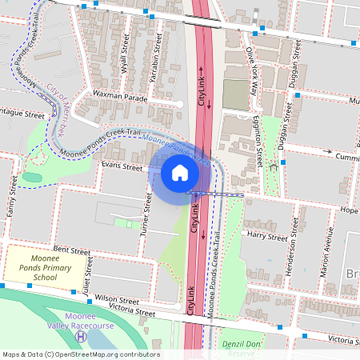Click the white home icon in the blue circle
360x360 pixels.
click(179, 172)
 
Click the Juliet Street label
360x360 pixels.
click(86, 281)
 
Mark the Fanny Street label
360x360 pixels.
click(12, 192)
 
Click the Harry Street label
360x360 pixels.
click(267, 237)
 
